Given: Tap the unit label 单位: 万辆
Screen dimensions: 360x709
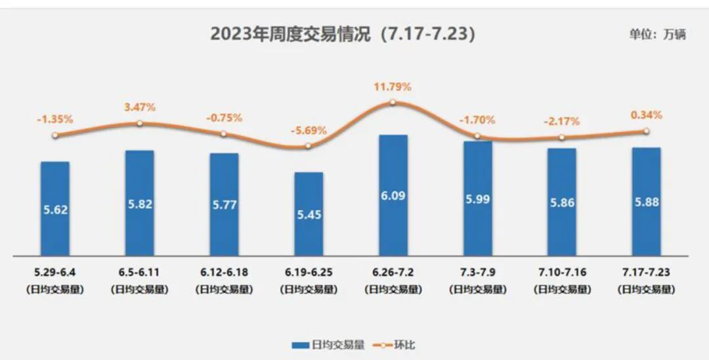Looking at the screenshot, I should click(657, 35).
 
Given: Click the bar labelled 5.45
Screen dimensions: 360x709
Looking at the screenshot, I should click(308, 214).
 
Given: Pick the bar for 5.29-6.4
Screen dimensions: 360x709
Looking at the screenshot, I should click(55, 208).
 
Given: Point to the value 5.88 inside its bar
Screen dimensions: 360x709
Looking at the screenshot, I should click(646, 202).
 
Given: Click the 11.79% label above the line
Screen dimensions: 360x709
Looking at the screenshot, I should click(393, 87).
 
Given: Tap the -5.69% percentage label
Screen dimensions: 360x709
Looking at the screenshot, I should click(308, 130).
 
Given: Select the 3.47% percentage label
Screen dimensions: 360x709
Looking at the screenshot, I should click(140, 107).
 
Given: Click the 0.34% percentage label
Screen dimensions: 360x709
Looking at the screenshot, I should click(646, 115).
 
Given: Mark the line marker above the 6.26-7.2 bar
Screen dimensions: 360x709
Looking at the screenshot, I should click(393, 102).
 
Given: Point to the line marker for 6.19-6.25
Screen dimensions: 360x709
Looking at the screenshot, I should click(308, 145).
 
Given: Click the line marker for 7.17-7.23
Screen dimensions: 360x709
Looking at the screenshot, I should click(646, 131).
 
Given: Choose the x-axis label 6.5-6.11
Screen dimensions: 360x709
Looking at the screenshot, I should click(140, 272).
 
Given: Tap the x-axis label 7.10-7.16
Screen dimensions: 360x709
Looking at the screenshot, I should click(561, 272).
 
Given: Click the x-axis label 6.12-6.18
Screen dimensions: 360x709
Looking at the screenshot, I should click(224, 272).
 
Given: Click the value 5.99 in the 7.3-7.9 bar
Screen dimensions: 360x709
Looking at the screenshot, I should click(477, 199).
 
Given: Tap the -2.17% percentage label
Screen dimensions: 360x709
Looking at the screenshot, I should click(561, 121).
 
